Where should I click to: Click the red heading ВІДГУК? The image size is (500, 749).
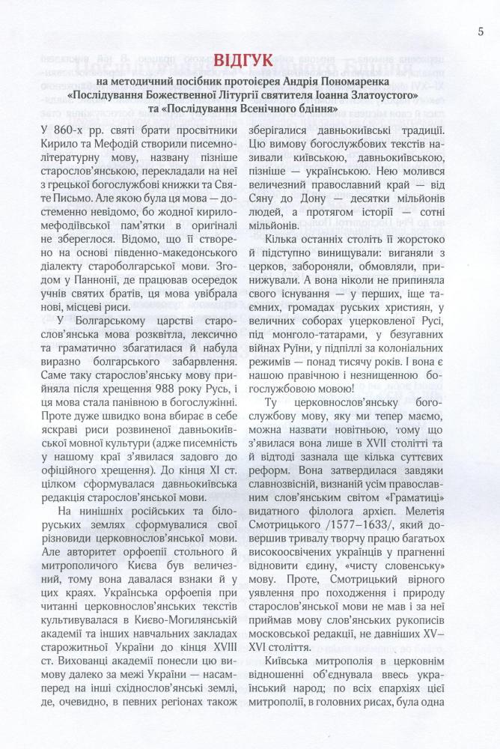pyautogui.click(x=250, y=59)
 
